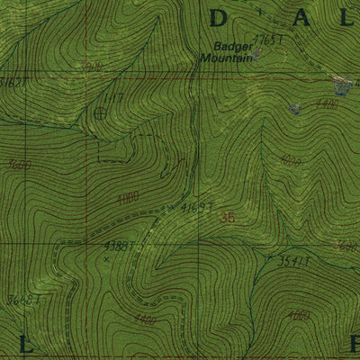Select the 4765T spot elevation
coord(268,40)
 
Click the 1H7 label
coord(112,96)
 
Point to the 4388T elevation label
coord(119,245)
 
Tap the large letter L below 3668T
coord(24,341)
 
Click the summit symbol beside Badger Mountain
coord(255,54)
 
